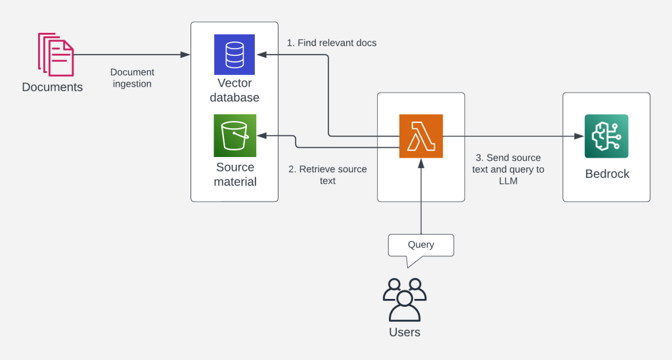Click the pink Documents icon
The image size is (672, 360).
point(56,55)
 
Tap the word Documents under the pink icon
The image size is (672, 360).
point(53,87)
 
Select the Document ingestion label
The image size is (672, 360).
point(132,78)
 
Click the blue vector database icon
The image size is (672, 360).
point(235,55)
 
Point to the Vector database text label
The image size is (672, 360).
point(235,91)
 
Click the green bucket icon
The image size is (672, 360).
point(235,135)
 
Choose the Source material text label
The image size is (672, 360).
point(235,174)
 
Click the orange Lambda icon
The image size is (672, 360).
point(421,136)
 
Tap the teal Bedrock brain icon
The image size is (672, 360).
point(606,136)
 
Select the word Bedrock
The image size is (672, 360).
point(607,174)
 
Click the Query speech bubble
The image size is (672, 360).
point(421,246)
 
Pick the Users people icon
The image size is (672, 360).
point(405,299)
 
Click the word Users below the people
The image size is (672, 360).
point(405,332)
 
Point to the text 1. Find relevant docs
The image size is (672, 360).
point(332,43)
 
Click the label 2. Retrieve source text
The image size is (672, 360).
point(328,175)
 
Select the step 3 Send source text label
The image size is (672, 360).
point(508,169)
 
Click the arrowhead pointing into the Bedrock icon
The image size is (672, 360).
point(580,136)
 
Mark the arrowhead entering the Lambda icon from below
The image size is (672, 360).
point(421,163)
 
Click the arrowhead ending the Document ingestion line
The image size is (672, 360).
point(186,55)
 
